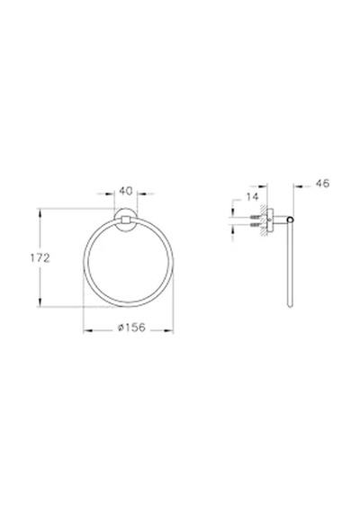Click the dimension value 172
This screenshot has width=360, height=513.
(40, 258)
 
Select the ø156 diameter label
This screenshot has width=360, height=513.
(131, 328)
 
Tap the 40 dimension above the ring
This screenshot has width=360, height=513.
(126, 191)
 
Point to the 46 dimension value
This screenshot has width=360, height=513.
(322, 184)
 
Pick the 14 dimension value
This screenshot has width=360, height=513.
(252, 196)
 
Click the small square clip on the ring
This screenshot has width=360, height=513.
(126, 220)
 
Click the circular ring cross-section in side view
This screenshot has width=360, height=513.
(290, 220)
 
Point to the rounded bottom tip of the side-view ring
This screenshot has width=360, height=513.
(289, 306)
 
